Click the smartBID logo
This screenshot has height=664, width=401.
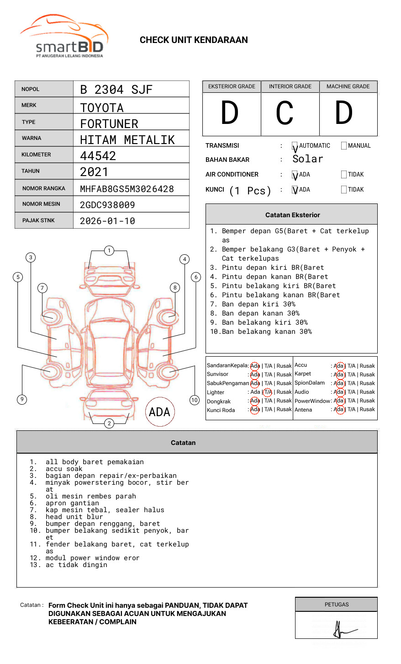click(x=64, y=37)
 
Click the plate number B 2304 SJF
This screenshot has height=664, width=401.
click(x=116, y=90)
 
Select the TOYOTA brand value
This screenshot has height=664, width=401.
click(x=102, y=108)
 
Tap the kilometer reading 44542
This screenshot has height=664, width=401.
click(x=98, y=156)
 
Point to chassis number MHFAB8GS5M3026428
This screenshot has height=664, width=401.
click(x=127, y=189)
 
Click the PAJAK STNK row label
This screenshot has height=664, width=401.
click(x=38, y=220)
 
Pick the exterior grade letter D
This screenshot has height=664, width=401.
click(x=230, y=113)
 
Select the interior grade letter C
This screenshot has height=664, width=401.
click(x=285, y=113)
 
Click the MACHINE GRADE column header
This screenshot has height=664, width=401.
click(x=348, y=86)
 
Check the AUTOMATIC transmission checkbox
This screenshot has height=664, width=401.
click(x=295, y=146)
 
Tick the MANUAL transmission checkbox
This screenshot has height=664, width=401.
click(x=344, y=146)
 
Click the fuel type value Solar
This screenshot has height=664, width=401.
click(x=308, y=159)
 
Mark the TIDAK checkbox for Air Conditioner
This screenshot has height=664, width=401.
click(x=344, y=174)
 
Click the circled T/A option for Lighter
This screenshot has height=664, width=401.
click(x=268, y=392)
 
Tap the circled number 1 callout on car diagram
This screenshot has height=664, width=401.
click(x=109, y=250)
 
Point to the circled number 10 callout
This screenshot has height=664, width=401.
click(x=195, y=400)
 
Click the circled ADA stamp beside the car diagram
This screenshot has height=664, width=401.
click(x=159, y=412)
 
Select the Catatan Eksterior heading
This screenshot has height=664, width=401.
click(x=292, y=215)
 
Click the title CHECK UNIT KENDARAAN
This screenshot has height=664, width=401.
click(x=194, y=40)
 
